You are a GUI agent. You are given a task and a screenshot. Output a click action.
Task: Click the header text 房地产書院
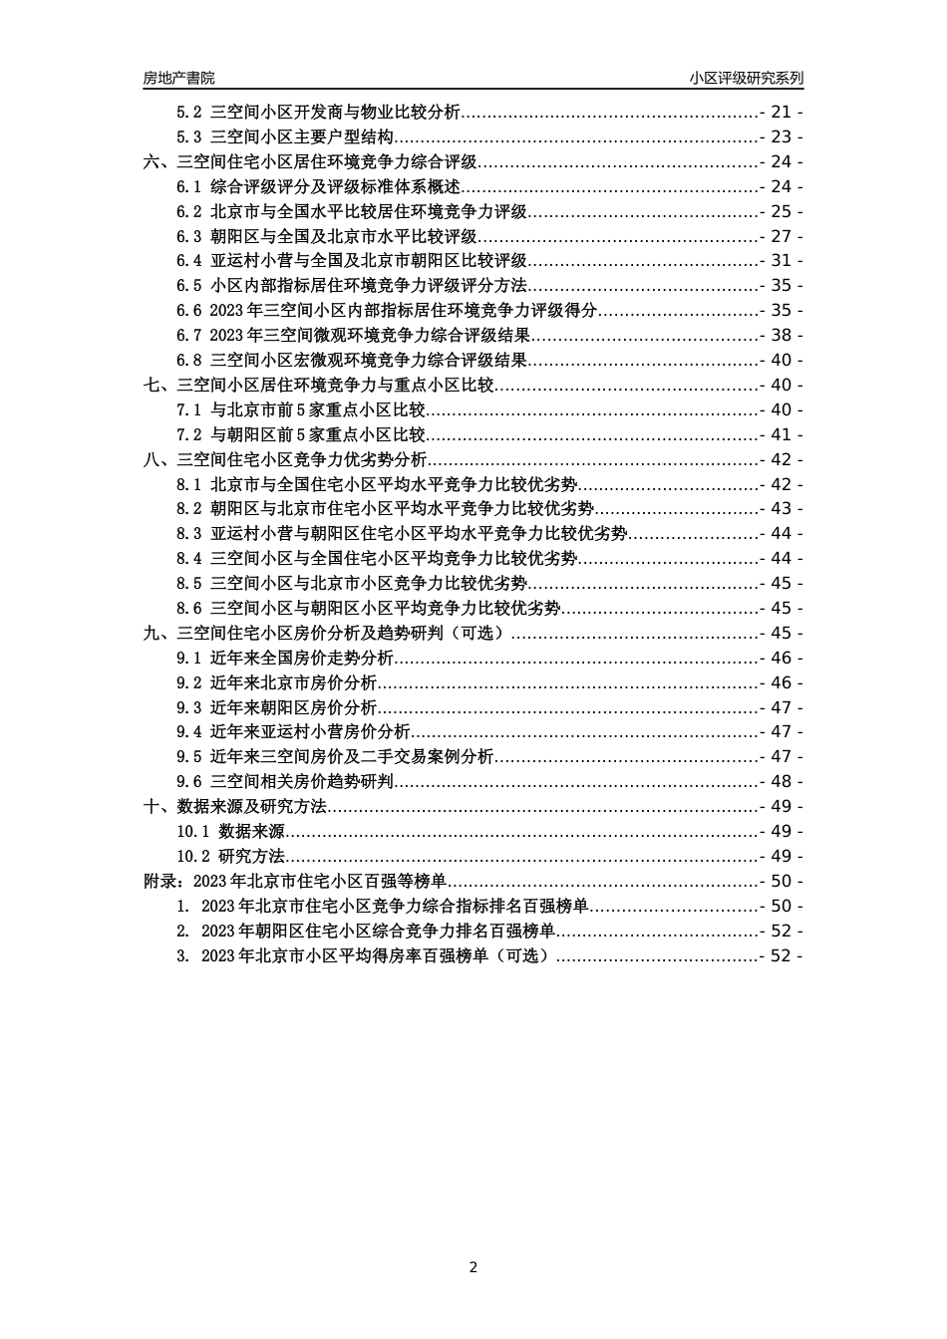point(178,78)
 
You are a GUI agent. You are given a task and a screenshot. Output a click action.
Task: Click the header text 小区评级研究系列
point(746,78)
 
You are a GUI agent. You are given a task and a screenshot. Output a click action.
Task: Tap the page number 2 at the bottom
point(473,1267)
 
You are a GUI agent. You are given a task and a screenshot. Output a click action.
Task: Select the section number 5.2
point(189,113)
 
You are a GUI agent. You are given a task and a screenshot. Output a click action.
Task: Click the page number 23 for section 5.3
point(781,137)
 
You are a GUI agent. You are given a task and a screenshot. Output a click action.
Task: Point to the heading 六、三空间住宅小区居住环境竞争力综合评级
point(311,162)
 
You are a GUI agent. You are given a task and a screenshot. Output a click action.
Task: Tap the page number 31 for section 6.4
point(781,261)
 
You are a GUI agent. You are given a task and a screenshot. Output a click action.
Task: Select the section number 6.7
point(189,336)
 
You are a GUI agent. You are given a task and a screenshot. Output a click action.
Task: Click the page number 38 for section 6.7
point(781,336)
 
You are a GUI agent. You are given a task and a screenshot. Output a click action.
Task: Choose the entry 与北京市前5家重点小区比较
point(318,409)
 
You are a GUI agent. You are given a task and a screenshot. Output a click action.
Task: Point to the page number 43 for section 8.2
point(781,509)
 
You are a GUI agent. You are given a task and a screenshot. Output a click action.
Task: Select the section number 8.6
point(189,608)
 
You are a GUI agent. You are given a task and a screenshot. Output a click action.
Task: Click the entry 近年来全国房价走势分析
point(302,658)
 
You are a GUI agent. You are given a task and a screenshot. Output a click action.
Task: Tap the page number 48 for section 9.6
point(781,782)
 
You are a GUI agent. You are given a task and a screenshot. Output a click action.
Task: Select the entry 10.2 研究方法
point(231,856)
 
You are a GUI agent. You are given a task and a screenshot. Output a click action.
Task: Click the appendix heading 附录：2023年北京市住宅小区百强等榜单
point(294,881)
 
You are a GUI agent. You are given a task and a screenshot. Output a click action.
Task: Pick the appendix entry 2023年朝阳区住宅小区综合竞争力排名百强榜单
point(378,931)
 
